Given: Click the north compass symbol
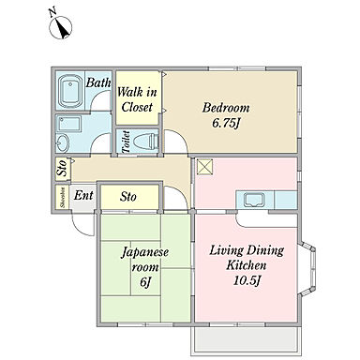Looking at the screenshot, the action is [x=60, y=27].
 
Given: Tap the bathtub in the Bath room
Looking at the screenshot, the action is [x=70, y=91].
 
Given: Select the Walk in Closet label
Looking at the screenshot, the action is [x=137, y=99].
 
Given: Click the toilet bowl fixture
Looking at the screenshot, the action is [x=146, y=142].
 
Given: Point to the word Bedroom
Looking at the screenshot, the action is [x=226, y=108].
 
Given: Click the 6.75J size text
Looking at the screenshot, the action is [x=226, y=124].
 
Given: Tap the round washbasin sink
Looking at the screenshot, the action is [x=64, y=142].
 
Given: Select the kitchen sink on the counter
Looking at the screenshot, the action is [x=255, y=200].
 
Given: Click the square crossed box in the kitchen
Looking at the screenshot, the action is [x=204, y=167].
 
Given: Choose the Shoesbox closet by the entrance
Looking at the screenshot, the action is [x=62, y=197].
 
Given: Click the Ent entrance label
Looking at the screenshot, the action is [x=83, y=196].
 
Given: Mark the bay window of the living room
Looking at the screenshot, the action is [x=308, y=268].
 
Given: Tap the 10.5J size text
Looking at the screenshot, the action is [x=247, y=281].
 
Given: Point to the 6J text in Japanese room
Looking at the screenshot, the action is [x=145, y=282].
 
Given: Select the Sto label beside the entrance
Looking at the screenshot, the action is [x=128, y=197].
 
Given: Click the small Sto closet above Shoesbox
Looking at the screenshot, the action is [x=63, y=170].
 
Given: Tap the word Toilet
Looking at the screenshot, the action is [x=126, y=142].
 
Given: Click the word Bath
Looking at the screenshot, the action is [x=98, y=82].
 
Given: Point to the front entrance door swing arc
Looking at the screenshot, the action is [x=79, y=228].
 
